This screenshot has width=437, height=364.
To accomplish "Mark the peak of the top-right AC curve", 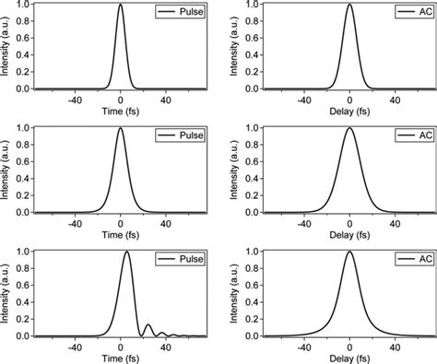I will (349, 6).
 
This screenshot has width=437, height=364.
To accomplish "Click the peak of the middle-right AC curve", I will (349, 128).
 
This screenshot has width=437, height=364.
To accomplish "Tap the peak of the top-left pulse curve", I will (121, 6).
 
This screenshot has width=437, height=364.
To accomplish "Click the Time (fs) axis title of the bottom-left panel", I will (121, 358).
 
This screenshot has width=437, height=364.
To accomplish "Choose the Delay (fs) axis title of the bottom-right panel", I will (349, 358).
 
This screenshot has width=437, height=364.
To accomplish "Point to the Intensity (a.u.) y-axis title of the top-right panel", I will (235, 47).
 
